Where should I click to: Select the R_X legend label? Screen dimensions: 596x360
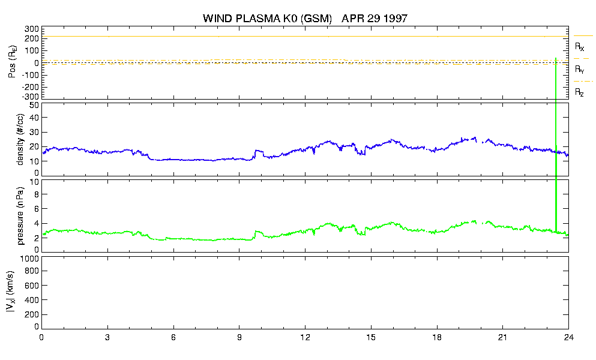pos(579,47)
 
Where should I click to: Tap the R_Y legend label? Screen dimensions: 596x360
pos(579,69)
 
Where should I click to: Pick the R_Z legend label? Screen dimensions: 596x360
pos(579,92)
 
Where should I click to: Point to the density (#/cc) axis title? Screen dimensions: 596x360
pos(20,139)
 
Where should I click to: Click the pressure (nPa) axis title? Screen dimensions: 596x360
pos(20,215)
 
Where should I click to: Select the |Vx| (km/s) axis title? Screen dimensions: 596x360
pos(10,292)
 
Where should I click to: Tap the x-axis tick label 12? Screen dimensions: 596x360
pos(305,338)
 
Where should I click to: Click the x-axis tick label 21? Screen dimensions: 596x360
pos(502,338)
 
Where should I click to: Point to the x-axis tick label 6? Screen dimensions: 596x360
pos(173,338)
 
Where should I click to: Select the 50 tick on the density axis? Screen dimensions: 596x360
pos(34,106)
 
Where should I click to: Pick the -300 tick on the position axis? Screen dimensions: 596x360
pos(30,97)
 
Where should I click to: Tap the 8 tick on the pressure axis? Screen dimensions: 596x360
pos(37,194)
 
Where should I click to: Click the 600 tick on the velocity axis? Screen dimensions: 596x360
pos(32,286)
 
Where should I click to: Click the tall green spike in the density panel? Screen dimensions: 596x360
pos(556,145)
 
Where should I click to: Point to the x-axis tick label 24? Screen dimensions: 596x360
pos(568,338)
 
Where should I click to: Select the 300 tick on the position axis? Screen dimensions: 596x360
pos(32,29)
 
